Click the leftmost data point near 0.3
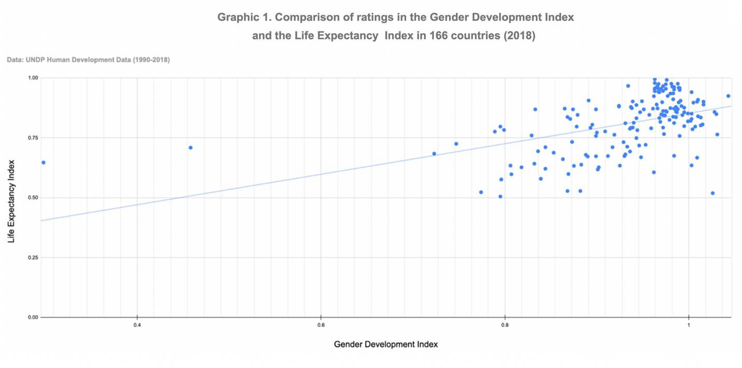coord(44,163)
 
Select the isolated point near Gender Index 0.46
coord(191,148)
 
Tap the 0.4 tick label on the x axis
coord(137,325)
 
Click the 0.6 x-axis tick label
coord(321,325)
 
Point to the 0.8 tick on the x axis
coord(505,325)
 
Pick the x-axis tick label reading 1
coord(689,325)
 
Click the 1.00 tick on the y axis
coord(32,78)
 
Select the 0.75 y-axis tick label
coord(32,138)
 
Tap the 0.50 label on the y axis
coord(32,198)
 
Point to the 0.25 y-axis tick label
coord(32,257)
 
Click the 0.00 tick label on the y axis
coord(32,317)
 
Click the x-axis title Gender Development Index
coord(386,344)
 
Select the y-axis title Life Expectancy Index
coord(11,197)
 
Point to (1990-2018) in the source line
coord(151,60)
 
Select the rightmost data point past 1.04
coord(728,96)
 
